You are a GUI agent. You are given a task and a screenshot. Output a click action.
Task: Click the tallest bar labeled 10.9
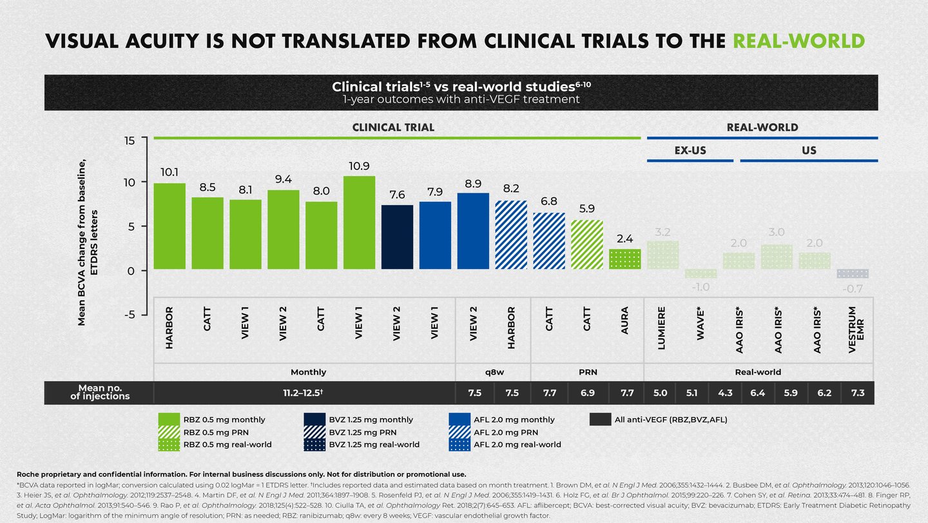[359, 222]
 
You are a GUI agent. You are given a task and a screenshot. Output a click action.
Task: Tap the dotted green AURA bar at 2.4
[625, 259]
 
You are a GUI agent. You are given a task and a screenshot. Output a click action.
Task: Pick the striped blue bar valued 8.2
[511, 235]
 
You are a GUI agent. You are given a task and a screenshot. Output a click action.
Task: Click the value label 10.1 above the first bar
[169, 172]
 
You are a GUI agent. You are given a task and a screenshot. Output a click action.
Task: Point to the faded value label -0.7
[852, 289]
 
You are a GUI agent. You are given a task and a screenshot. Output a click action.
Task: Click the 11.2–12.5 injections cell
[304, 392]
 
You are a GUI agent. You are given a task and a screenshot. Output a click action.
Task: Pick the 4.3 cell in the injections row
[725, 392]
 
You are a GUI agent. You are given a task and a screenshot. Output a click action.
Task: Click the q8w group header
[493, 372]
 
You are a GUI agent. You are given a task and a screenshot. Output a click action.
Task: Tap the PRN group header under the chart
[587, 372]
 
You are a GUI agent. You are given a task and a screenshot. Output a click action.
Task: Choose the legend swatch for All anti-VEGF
[599, 420]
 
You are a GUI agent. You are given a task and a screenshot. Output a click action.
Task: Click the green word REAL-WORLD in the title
[799, 41]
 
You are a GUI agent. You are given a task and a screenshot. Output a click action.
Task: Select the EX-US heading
[690, 150]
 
